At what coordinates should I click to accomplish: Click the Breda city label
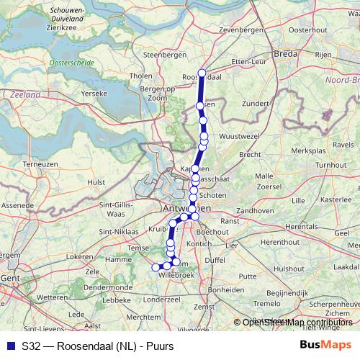pyautogui.click(x=286, y=53)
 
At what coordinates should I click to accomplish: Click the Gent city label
pyautogui.click(x=9, y=276)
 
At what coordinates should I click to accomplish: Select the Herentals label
pyautogui.click(x=301, y=226)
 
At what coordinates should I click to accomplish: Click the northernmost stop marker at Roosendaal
pyautogui.click(x=202, y=72)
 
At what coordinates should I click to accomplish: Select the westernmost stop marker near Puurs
pyautogui.click(x=155, y=268)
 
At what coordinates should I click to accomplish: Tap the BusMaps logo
pyautogui.click(x=325, y=345)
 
